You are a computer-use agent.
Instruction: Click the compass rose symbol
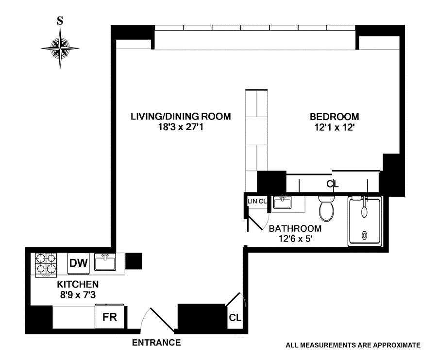click(x=60, y=48)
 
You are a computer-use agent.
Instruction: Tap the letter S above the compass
click(x=60, y=21)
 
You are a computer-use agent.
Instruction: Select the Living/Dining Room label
click(x=180, y=117)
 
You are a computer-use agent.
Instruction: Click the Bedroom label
click(x=335, y=117)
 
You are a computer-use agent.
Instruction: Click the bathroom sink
click(x=282, y=202)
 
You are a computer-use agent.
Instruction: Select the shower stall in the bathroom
click(x=365, y=221)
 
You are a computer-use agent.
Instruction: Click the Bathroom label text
click(x=295, y=228)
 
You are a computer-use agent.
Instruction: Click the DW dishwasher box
click(x=78, y=264)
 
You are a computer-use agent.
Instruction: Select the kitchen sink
click(x=104, y=263)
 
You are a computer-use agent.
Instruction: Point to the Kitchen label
click(x=78, y=285)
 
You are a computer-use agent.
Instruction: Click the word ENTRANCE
click(x=156, y=343)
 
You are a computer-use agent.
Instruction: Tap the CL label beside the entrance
click(x=235, y=318)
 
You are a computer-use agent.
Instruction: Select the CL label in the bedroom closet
click(x=332, y=184)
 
